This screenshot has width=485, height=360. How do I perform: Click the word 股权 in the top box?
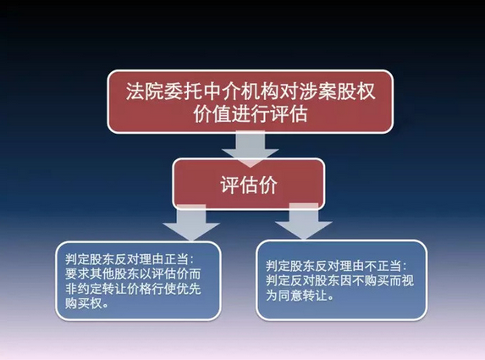[x=356, y=91]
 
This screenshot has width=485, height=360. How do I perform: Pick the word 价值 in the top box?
[x=212, y=114]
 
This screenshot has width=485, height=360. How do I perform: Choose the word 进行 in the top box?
[x=251, y=114]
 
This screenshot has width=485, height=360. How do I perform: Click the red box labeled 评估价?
[x=249, y=185]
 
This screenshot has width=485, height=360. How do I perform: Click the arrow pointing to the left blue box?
[x=191, y=223]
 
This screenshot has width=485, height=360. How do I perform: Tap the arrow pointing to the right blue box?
[x=304, y=221]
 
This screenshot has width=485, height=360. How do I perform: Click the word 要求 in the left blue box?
[x=77, y=274]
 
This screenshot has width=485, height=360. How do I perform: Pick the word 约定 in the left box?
[x=90, y=289]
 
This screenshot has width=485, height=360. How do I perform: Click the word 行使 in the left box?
[x=164, y=289]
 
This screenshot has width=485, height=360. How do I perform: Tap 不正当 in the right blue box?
[x=383, y=266]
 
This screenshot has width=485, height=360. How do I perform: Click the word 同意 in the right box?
[x=291, y=296]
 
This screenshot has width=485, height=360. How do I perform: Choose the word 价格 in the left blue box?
[x=139, y=289]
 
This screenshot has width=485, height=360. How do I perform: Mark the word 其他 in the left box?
[x=102, y=274]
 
